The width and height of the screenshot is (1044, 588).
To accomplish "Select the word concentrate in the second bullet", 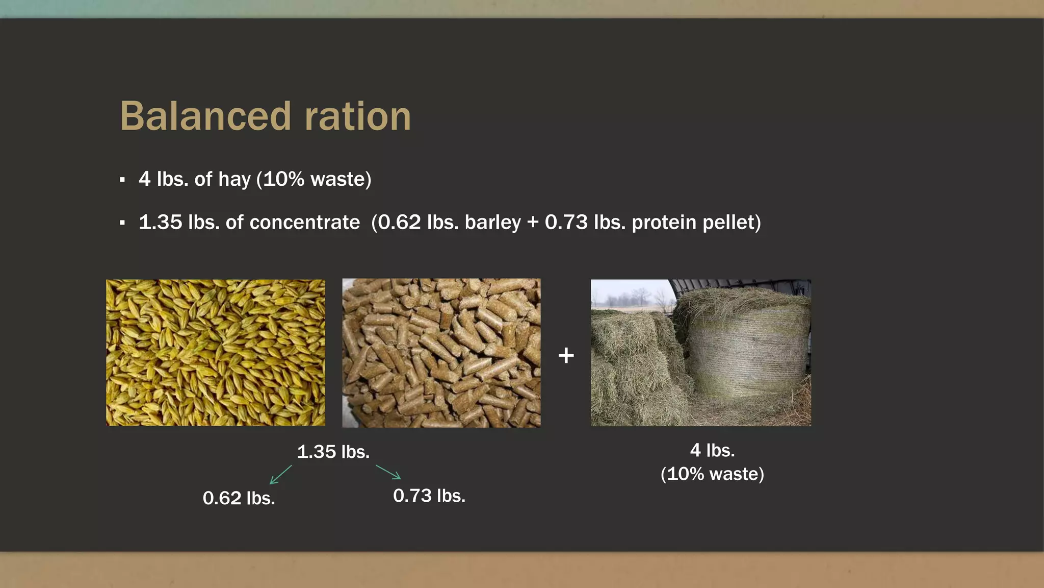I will (304, 223).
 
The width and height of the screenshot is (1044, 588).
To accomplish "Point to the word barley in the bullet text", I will (492, 223).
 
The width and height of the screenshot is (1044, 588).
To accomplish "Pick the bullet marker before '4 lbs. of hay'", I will (122, 180).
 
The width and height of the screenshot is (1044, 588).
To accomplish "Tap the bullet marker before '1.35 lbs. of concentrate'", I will (122, 223).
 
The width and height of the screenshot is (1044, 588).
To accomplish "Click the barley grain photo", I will (215, 353).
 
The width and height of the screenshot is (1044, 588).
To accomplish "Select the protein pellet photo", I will (441, 353).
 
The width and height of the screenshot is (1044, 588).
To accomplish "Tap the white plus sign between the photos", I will (566, 355).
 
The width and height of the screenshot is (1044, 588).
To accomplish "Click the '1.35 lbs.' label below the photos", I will (333, 452).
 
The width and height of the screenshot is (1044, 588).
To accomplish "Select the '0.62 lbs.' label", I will (239, 498).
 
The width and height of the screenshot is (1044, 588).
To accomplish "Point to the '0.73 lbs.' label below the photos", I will (429, 496).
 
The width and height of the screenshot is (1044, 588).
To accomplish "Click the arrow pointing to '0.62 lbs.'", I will (280, 475).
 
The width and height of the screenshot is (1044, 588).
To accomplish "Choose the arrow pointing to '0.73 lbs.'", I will (388, 472).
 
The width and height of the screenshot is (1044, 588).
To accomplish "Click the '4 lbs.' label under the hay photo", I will (712, 450).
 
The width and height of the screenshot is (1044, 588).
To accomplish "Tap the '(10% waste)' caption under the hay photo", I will (712, 474).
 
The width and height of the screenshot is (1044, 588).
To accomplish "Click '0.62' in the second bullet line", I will (399, 223).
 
